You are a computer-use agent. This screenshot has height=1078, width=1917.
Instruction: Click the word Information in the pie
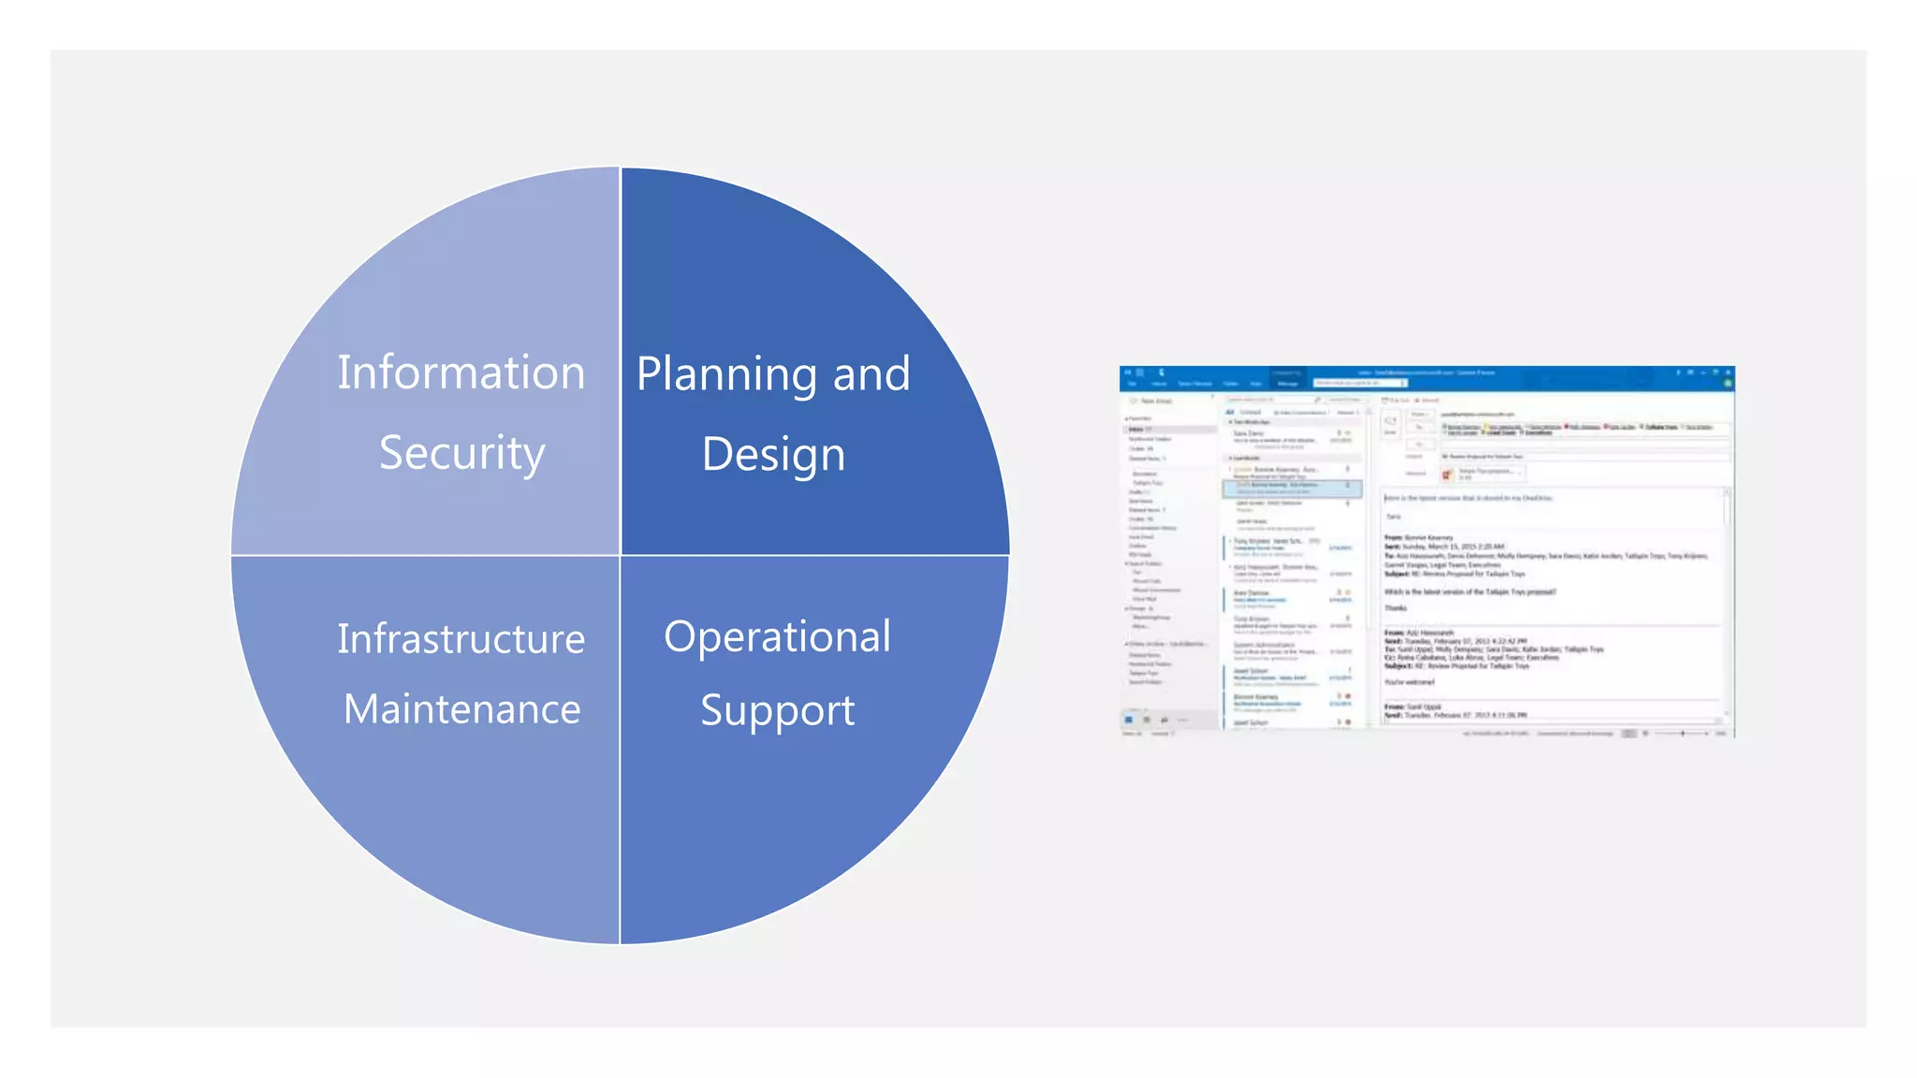[461, 372]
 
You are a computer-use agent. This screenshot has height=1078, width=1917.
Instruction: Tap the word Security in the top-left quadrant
[461, 453]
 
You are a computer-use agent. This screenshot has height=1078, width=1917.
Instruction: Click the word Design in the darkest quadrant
[773, 455]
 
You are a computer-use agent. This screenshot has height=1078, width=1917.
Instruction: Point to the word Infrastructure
[461, 639]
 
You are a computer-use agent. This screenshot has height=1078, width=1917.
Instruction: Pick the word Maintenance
[461, 709]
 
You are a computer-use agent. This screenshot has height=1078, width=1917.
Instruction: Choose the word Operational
[777, 636]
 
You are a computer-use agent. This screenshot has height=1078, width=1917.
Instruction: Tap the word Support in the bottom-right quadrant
[777, 710]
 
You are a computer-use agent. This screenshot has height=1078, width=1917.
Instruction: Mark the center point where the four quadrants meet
[620, 555]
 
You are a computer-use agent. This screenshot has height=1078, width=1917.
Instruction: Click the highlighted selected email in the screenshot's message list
[1292, 488]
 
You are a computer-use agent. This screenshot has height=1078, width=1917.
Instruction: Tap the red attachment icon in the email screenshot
[1447, 474]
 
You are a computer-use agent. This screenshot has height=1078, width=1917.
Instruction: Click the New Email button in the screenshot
[1153, 401]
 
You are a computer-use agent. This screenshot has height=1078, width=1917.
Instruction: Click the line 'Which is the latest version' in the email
[1470, 592]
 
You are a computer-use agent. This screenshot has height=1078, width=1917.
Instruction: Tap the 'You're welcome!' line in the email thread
[1410, 682]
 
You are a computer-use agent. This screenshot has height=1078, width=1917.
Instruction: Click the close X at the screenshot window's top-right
[1728, 372]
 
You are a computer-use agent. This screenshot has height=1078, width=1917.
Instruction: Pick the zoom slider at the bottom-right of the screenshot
[1682, 734]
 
